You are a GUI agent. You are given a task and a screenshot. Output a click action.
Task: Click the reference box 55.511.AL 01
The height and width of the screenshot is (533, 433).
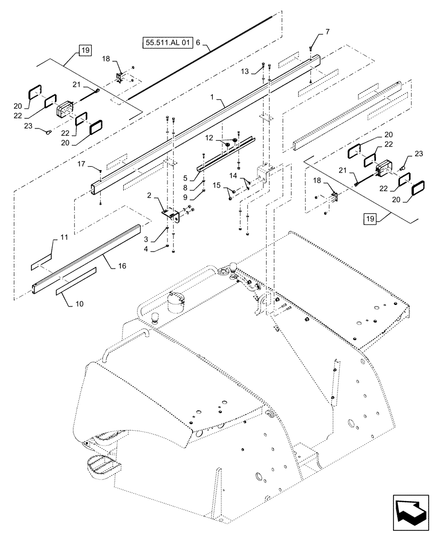167,41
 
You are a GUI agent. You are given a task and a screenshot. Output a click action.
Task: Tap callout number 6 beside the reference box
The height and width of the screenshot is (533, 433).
198,42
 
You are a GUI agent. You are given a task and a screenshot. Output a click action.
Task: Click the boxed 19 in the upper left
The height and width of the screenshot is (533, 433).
84,51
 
